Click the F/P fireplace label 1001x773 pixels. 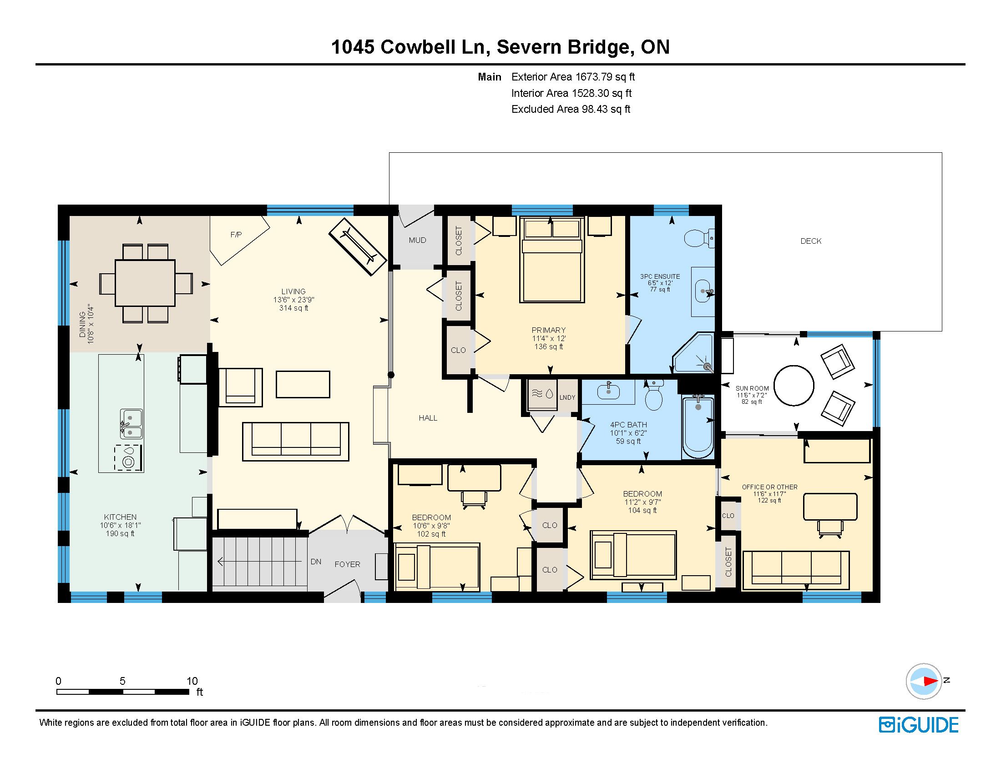pyautogui.click(x=236, y=235)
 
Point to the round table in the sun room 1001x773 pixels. pyautogui.click(x=794, y=385)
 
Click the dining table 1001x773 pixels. pyautogui.click(x=145, y=283)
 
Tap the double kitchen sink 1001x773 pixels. pyautogui.click(x=131, y=424)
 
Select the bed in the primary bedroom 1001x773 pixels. pyautogui.click(x=552, y=260)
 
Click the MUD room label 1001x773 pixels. pyautogui.click(x=417, y=240)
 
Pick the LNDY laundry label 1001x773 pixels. pyautogui.click(x=567, y=397)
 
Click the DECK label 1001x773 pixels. pyautogui.click(x=811, y=241)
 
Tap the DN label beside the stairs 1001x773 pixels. pyautogui.click(x=316, y=562)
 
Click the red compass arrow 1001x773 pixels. pyautogui.click(x=930, y=681)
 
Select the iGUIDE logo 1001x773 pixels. pyautogui.click(x=919, y=725)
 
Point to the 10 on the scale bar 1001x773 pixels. pyautogui.click(x=192, y=681)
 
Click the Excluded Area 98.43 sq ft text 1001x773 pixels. pyautogui.click(x=571, y=109)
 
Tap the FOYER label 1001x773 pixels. pyautogui.click(x=347, y=565)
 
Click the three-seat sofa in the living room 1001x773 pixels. pyautogui.click(x=296, y=442)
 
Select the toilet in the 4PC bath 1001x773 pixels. pyautogui.click(x=654, y=395)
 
